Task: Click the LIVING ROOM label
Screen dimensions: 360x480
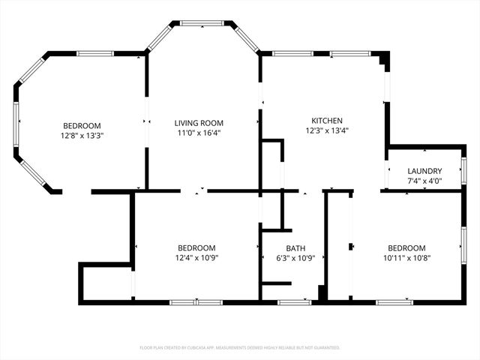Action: (199, 123)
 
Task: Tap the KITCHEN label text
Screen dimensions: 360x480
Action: (327, 121)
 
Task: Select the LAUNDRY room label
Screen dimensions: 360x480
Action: (424, 171)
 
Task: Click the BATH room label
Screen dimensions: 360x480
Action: (295, 248)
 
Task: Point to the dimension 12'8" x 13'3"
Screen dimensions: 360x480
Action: (82, 136)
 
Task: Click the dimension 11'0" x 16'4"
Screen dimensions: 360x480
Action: (199, 133)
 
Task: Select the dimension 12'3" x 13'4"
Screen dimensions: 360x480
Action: (327, 130)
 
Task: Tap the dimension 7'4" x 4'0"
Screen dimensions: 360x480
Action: (424, 181)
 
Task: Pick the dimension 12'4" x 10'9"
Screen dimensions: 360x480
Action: (196, 258)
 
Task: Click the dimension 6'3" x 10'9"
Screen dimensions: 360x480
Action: (295, 258)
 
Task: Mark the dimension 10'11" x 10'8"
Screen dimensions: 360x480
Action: (406, 258)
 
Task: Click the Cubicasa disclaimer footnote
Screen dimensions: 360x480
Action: (240, 348)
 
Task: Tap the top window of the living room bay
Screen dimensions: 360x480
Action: (202, 23)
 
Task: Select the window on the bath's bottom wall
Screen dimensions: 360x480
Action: (295, 302)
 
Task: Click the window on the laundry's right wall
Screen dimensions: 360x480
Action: (464, 170)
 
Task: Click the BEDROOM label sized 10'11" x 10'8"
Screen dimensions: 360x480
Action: (406, 248)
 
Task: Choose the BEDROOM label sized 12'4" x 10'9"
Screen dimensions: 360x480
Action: (196, 248)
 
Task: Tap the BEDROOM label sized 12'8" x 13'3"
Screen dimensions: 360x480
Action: (82, 126)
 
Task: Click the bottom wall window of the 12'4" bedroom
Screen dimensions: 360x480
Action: (196, 302)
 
